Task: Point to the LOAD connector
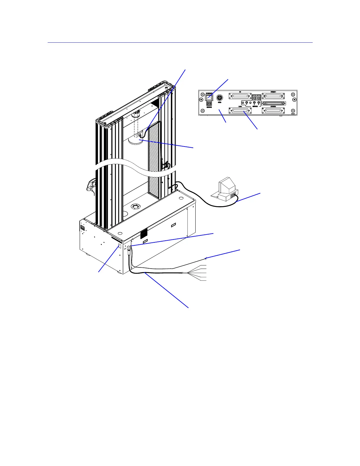coord(240,111)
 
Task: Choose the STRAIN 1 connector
coord(274,96)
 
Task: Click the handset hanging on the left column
coord(90,186)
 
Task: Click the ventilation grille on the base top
coord(144,234)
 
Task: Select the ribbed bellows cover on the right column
coord(154,159)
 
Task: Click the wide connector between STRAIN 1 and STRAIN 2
coord(274,103)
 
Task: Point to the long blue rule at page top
coord(180,43)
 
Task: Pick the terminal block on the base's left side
coord(83,228)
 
